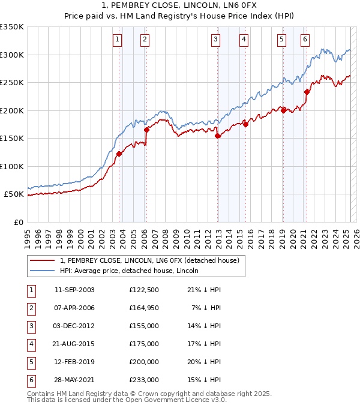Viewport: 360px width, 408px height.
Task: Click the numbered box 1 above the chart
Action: (116, 40)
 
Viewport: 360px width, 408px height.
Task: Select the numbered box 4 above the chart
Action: (244, 40)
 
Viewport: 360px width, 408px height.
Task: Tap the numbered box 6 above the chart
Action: (305, 40)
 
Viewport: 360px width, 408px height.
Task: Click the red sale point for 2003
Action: (119, 154)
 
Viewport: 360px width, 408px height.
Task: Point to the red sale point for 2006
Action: (146, 130)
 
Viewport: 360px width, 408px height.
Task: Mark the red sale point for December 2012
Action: (218, 136)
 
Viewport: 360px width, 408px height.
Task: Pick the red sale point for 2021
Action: (307, 92)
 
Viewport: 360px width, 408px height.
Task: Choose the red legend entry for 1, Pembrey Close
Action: (149, 260)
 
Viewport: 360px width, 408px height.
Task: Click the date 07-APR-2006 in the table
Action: (74, 308)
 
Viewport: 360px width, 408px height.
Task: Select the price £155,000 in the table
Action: (143, 326)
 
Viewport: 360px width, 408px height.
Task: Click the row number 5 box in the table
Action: (30, 362)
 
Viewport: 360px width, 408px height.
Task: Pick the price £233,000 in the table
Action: (143, 380)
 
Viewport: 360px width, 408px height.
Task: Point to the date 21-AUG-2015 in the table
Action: (74, 344)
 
